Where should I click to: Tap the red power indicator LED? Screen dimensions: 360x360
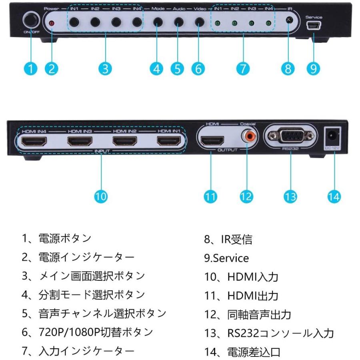pos(52,23)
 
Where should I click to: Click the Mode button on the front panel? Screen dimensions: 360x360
pos(158,22)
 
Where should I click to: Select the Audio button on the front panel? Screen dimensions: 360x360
pos(179,22)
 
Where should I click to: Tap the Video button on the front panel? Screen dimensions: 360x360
pos(200,22)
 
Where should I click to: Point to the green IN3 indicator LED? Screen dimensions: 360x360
pos(252,23)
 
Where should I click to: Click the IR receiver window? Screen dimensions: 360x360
pos(289,20)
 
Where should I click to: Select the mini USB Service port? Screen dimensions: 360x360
pos(314,25)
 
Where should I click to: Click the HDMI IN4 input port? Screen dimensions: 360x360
pos(34,141)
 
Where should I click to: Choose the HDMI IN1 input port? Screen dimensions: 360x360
pos(169,141)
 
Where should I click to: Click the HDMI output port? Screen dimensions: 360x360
pos(212,141)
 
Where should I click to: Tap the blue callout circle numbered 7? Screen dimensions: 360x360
pos(243,69)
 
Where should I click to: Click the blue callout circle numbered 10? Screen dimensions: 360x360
pos(101,196)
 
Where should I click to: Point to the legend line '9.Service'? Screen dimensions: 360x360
pos(226,258)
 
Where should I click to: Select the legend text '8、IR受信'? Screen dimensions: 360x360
pos(228,239)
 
